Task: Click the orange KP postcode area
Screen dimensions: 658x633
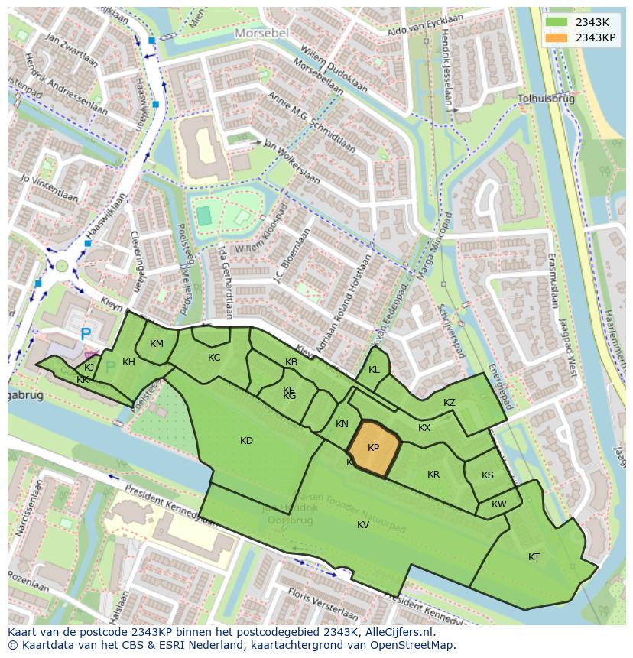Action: coord(374,449)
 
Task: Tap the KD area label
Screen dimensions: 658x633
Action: coord(246,441)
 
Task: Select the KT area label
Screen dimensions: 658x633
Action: coord(534,557)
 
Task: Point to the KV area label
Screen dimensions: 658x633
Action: coord(363,525)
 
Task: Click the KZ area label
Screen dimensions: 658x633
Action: coord(450,403)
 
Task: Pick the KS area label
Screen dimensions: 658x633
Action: coord(488,475)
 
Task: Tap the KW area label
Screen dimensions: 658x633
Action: coord(498,504)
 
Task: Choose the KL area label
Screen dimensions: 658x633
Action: coord(374,370)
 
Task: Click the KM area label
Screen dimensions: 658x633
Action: coord(157,344)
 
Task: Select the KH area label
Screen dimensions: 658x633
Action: coord(128,362)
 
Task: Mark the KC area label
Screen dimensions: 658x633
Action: coord(214,358)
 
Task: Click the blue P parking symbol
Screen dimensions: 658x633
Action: coord(86,334)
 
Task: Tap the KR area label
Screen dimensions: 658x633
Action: coord(433,475)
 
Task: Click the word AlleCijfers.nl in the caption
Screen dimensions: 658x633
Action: coord(398,633)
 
